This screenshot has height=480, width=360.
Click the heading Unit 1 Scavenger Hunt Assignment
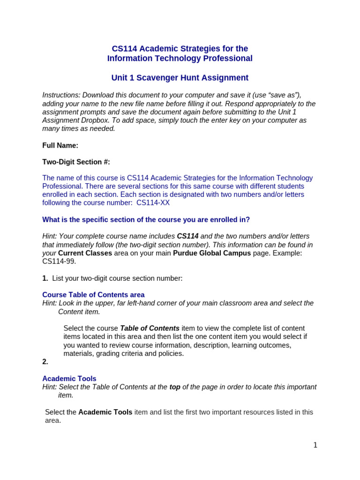point(180,78)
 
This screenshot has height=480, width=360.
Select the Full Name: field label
point(60,145)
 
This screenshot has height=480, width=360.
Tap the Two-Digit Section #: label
point(76,162)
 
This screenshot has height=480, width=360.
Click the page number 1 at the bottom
point(315,445)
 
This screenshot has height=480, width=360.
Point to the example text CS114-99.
point(59,261)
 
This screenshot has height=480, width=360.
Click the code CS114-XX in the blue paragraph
point(153,202)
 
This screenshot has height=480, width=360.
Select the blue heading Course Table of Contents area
point(93,295)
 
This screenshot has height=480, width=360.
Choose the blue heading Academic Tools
point(69,378)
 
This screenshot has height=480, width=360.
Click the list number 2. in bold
point(45,361)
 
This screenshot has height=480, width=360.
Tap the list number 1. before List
point(45,278)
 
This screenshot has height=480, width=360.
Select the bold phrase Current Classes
point(85,253)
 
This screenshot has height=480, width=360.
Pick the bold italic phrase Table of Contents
point(150,328)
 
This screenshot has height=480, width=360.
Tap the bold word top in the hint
point(175,387)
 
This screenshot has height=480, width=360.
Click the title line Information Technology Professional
point(180,58)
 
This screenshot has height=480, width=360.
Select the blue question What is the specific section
point(146,219)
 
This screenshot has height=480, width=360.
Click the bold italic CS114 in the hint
point(187,236)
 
